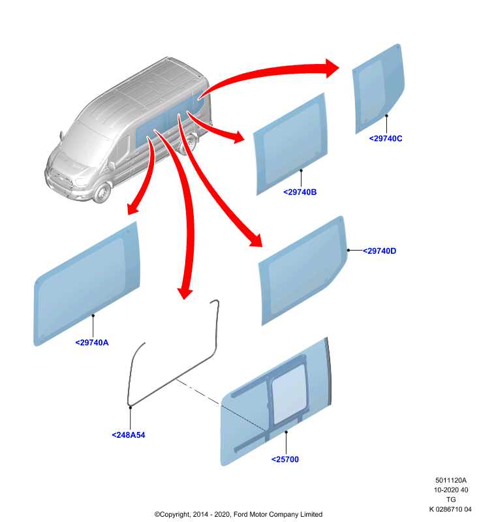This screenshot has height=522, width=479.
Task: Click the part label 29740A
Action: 92,343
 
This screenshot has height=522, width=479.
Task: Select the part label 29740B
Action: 300,192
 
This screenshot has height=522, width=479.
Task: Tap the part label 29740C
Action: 386,138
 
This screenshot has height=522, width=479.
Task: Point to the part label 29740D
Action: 379,251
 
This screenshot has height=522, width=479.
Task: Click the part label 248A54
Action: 129,435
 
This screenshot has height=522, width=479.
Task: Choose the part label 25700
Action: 285,459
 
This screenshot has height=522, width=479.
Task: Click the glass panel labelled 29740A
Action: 87,284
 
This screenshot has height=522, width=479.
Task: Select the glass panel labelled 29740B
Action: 290,144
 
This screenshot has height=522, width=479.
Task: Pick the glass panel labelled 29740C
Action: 378,88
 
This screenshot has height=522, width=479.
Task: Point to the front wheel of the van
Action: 102,192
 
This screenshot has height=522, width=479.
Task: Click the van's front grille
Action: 60,178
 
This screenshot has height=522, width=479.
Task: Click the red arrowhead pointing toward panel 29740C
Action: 332,69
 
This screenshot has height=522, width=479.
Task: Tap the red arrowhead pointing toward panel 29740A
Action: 134,208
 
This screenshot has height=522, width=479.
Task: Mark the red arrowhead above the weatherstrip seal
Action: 185,292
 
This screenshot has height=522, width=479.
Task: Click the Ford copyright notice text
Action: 238,514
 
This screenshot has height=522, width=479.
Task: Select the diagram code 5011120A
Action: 451,480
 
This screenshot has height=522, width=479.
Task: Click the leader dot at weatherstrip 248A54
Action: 131,407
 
